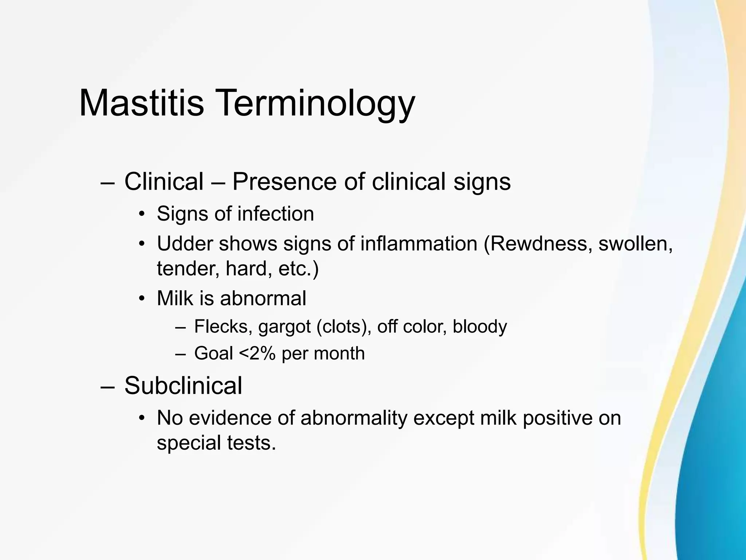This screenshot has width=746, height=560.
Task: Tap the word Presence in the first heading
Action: tap(284, 182)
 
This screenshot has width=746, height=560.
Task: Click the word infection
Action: tap(276, 214)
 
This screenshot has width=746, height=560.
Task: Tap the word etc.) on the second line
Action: tap(298, 269)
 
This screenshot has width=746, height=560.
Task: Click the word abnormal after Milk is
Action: tap(263, 298)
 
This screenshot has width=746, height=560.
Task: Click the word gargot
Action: tap(284, 327)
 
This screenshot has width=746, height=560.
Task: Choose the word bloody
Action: tap(480, 327)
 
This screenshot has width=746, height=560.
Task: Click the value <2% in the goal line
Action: tap(257, 353)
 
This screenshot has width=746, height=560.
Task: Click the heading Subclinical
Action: tap(183, 386)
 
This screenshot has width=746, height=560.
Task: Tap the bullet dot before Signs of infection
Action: tap(142, 214)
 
